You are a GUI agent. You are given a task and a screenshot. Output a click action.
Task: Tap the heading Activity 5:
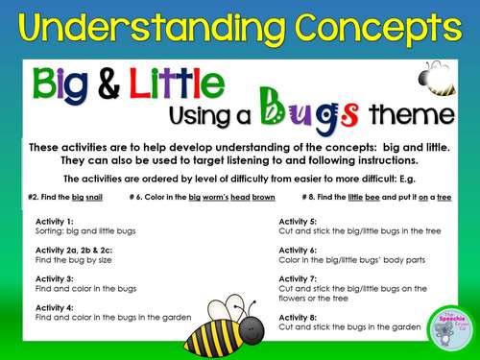click(299, 220)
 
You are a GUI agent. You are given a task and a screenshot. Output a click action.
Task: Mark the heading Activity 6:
click(299, 249)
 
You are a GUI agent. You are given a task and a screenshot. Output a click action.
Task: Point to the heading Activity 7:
click(299, 276)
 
